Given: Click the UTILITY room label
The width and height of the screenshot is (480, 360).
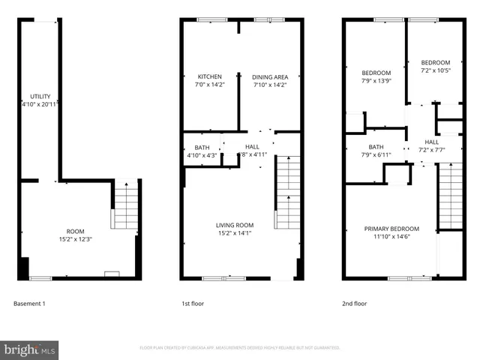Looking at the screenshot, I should (x=40, y=96).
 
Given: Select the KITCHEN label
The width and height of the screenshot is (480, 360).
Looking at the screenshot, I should (x=209, y=76).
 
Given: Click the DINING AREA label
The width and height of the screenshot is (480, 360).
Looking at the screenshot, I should (x=270, y=76).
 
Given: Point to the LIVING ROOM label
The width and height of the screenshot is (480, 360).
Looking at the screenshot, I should (x=235, y=224).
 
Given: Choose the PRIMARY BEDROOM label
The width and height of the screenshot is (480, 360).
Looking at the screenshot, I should (x=391, y=228).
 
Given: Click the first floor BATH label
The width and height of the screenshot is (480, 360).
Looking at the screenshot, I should (x=202, y=147).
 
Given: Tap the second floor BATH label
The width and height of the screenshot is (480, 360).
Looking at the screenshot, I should (x=376, y=147).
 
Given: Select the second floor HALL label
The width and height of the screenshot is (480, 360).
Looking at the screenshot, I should (x=432, y=142).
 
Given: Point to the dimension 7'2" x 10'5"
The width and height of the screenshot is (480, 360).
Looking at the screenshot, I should (x=435, y=70).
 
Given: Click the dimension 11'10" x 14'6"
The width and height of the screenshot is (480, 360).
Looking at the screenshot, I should (x=391, y=236).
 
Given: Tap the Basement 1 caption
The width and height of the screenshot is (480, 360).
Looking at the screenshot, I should (x=30, y=304).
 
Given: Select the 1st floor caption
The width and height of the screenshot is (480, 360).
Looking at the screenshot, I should (x=193, y=304).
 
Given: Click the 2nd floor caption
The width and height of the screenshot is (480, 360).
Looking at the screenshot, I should (x=355, y=304).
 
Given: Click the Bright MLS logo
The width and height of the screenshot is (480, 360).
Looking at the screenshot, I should (x=30, y=349).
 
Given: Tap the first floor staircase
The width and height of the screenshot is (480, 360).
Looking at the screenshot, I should (x=288, y=192).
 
